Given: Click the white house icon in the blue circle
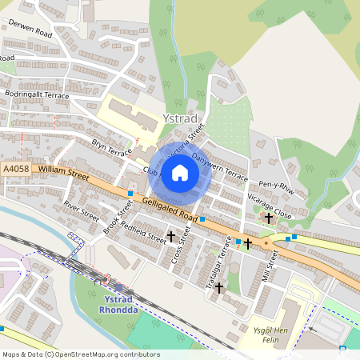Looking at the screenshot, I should (180, 173).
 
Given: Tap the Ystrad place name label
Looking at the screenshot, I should (178, 118).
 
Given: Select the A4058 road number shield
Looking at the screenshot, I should (16, 170).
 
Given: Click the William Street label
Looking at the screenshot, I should (63, 170).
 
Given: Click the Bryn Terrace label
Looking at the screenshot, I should (111, 146).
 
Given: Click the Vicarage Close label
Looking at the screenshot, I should (270, 204).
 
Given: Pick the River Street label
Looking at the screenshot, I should (81, 209).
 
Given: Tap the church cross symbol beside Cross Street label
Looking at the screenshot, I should (170, 236).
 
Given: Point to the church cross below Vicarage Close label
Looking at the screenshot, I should (269, 217).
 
